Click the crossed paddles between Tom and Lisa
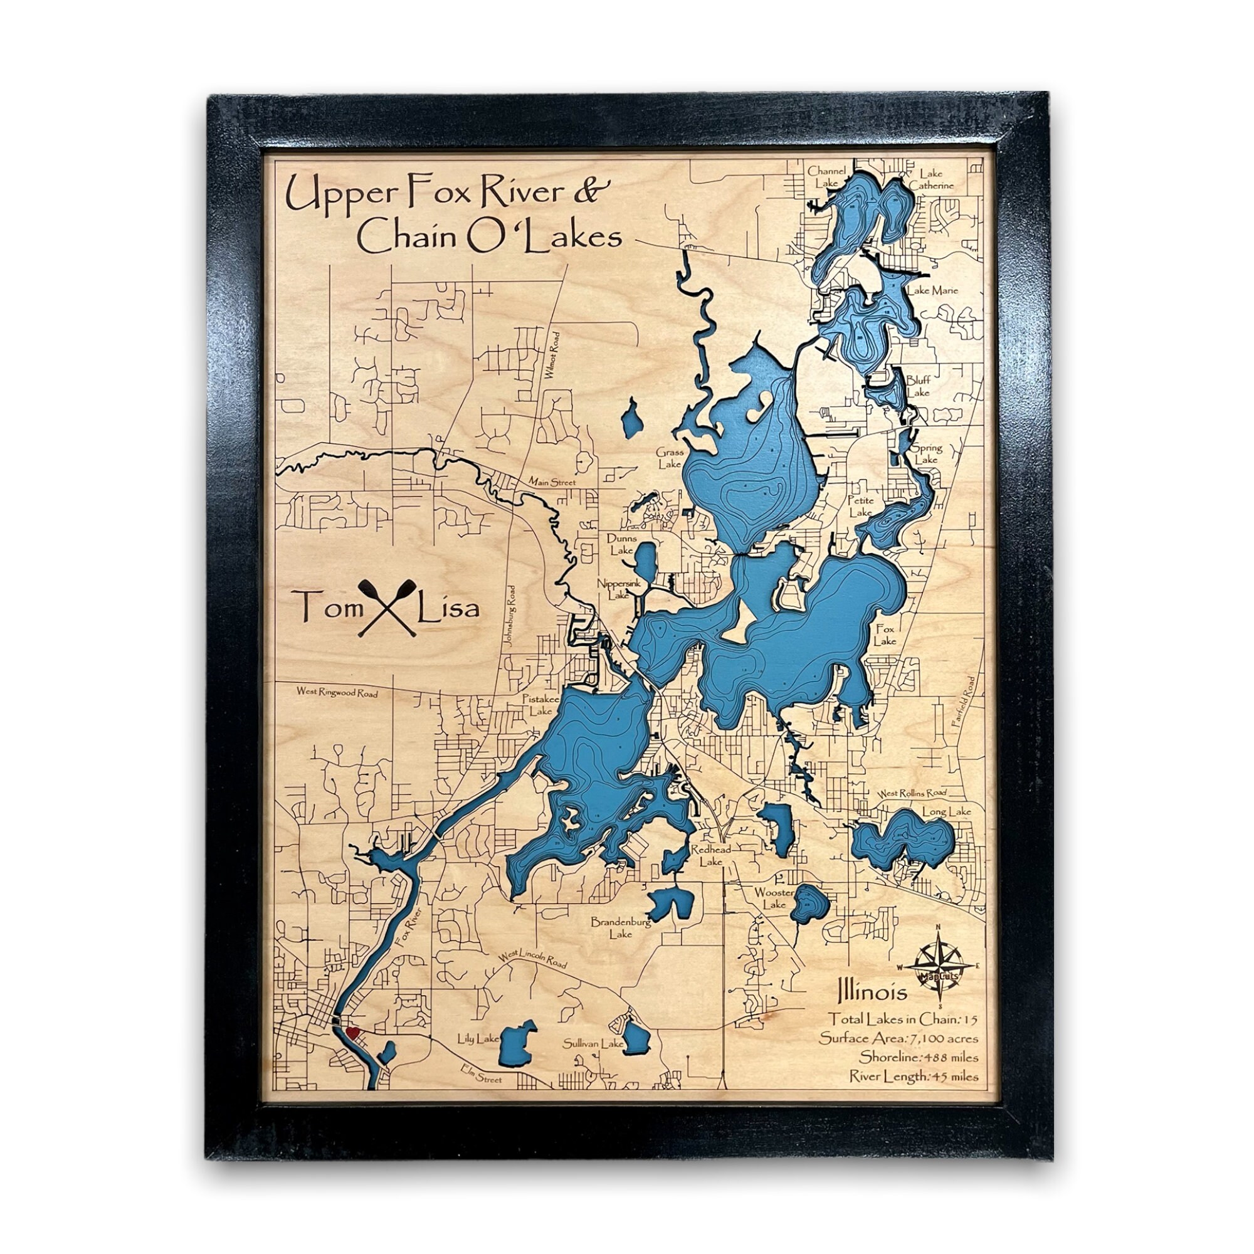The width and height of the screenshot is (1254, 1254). pyautogui.click(x=387, y=607)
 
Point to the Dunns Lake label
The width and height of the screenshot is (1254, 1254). pyautogui.click(x=621, y=544)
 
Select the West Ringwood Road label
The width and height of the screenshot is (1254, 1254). pyautogui.click(x=337, y=693)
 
